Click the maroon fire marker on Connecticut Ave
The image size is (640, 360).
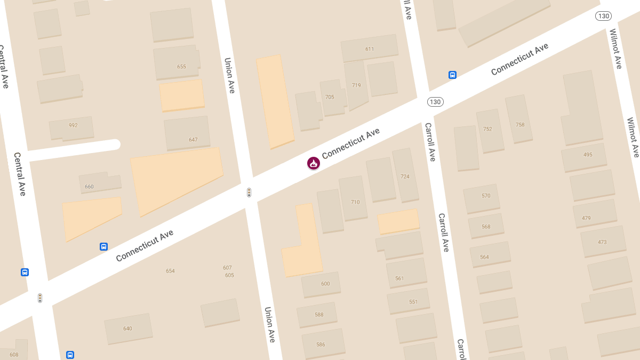pyautogui.click(x=314, y=163)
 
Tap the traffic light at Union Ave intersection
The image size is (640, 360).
pyautogui.click(x=249, y=193)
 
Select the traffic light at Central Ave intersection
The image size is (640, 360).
pyautogui.click(x=40, y=298)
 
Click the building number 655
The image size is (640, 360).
pyautogui.click(x=181, y=67)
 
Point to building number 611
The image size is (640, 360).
pyautogui.click(x=370, y=49)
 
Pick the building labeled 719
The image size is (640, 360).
pyautogui.click(x=356, y=85)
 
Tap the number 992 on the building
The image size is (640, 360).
pyautogui.click(x=73, y=126)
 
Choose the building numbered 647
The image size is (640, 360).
pyautogui.click(x=193, y=140)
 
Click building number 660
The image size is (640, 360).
pyautogui.click(x=89, y=187)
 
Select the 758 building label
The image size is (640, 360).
pyautogui.click(x=520, y=125)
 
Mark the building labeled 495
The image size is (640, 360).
pyautogui.click(x=588, y=155)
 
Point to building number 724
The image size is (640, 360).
pyautogui.click(x=405, y=177)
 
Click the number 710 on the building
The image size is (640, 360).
pyautogui.click(x=355, y=202)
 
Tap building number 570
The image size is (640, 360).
pyautogui.click(x=486, y=196)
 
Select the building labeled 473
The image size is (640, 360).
pyautogui.click(x=602, y=242)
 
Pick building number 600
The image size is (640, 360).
pyautogui.click(x=325, y=284)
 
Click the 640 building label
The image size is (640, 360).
pyautogui.click(x=127, y=329)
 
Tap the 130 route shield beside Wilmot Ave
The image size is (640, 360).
pyautogui.click(x=603, y=16)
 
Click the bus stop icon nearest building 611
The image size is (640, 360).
pyautogui.click(x=452, y=75)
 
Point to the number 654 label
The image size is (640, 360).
pyautogui.click(x=170, y=271)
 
